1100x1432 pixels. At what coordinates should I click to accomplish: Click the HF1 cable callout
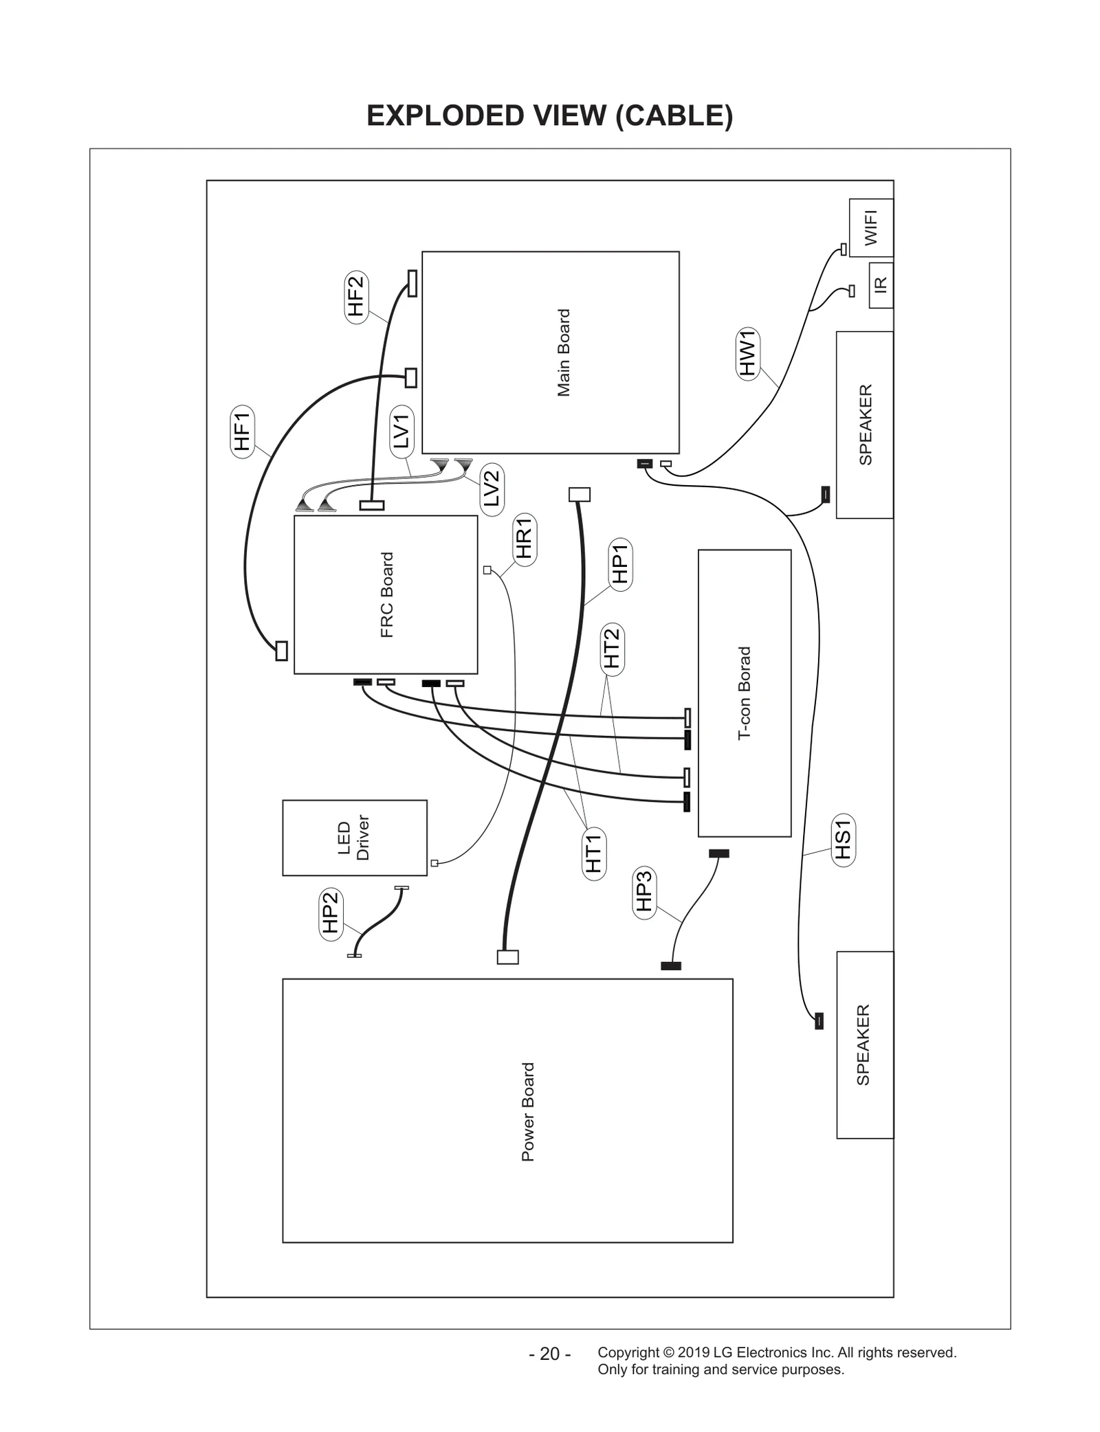tap(242, 432)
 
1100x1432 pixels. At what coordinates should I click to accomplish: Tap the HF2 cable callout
tap(356, 297)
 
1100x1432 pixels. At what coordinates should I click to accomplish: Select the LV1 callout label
tap(402, 432)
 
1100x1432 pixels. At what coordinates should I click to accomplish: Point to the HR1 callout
tap(525, 539)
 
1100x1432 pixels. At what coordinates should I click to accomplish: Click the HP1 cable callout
tap(621, 564)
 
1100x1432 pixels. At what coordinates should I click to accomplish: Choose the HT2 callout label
tap(612, 649)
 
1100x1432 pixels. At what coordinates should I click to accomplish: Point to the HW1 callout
tap(747, 353)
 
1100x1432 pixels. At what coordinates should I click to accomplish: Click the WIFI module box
tap(871, 228)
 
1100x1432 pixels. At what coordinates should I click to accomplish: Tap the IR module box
tap(881, 284)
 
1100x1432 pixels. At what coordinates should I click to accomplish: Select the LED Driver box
tap(354, 838)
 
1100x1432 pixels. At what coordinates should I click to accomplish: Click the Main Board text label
tap(564, 353)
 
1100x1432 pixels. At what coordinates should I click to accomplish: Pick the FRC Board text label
tap(387, 595)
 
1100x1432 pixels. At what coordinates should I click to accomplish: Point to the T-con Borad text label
tap(745, 693)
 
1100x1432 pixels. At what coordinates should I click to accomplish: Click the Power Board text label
tap(528, 1111)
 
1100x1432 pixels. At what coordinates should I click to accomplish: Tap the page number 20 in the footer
tap(550, 1354)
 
